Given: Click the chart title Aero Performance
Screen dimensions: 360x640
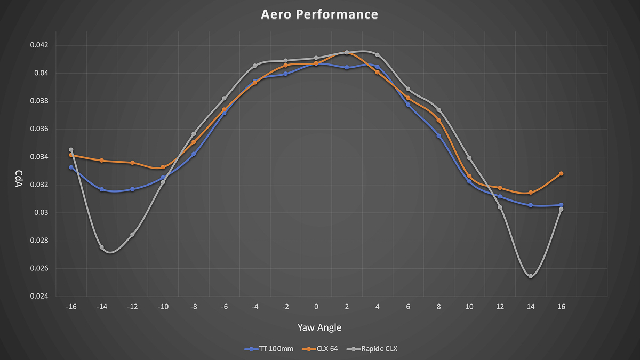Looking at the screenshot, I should point(319,14).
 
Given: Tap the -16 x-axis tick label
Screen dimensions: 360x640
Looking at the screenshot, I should point(71,307).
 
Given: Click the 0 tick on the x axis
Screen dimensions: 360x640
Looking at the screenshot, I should point(316,307).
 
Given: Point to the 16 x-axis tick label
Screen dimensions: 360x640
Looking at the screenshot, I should point(561,307).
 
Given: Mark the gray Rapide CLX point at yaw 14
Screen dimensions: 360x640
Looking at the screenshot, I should point(531,276).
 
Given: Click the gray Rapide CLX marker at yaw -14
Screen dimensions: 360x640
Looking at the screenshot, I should point(101,247).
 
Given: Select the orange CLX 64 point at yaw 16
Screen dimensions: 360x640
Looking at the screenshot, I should point(561,174).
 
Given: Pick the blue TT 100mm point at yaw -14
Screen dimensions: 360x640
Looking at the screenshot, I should point(101,189).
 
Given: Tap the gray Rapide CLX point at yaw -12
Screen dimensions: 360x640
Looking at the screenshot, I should point(132,235).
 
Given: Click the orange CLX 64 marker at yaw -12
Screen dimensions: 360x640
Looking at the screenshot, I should point(132,163).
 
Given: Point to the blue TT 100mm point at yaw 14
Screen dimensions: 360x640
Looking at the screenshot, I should point(531,205).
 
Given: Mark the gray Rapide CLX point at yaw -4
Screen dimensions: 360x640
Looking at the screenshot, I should point(255,66).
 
